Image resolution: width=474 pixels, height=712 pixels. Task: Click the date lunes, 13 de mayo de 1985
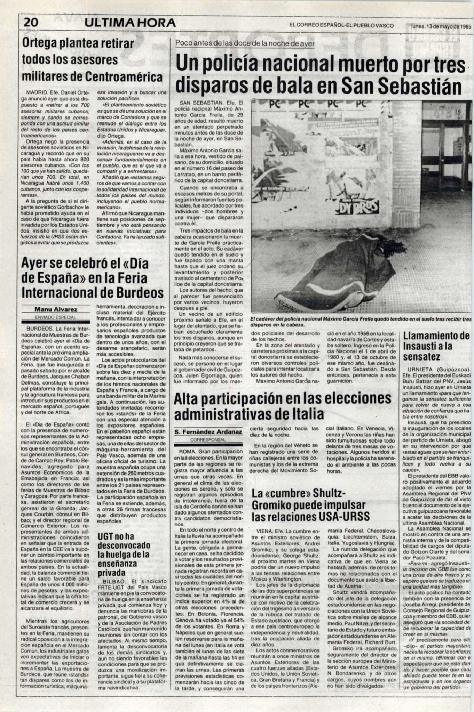coord(441,26)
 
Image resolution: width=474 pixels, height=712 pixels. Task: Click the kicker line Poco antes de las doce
coord(245,44)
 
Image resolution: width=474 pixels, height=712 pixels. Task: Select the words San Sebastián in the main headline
coord(402,86)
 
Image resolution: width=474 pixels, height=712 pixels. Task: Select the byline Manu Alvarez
coord(56,309)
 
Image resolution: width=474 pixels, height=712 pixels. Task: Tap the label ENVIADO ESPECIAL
coord(56,317)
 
